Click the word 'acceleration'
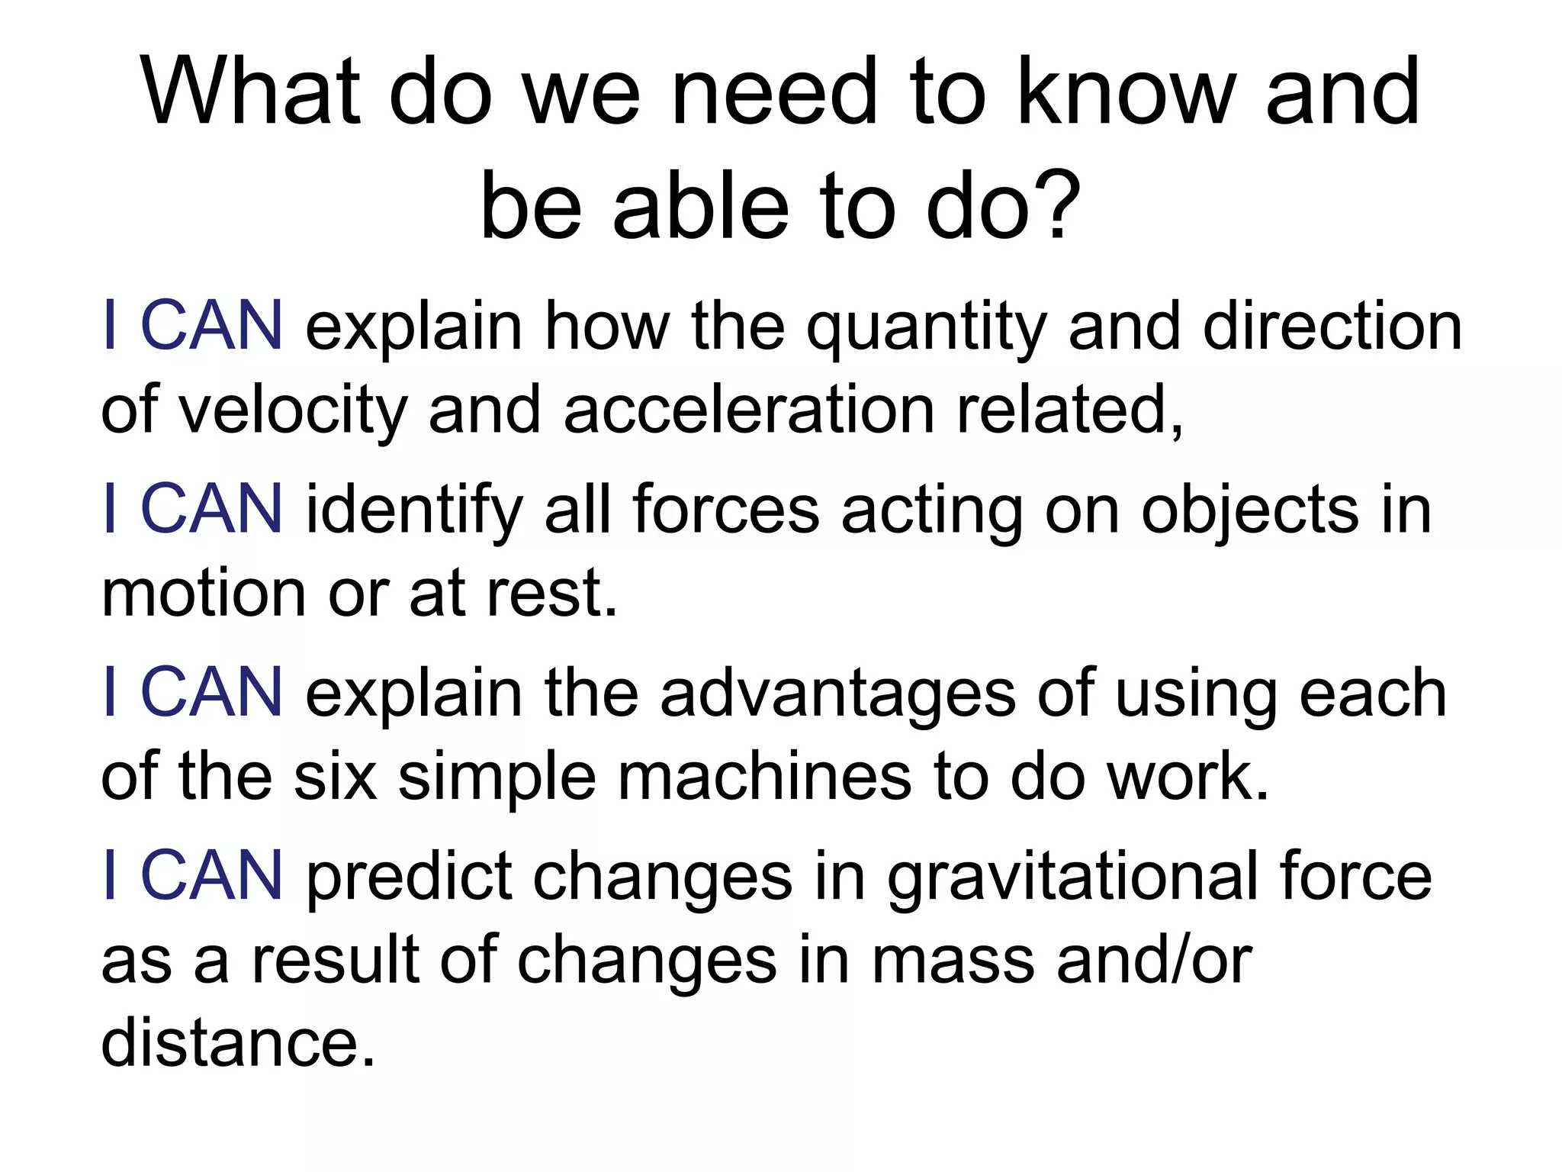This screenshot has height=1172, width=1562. (x=748, y=410)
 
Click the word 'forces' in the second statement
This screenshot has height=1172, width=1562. (x=725, y=510)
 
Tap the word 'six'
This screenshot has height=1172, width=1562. (x=335, y=777)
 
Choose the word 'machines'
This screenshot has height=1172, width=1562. (x=764, y=777)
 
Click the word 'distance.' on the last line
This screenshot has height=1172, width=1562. (x=239, y=1043)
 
